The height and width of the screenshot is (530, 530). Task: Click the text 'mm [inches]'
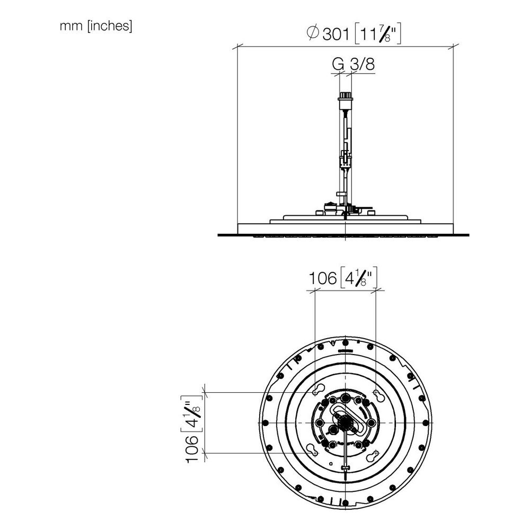coord(95,26)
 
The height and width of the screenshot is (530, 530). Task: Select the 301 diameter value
coord(336,34)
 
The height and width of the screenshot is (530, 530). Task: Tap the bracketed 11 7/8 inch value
coord(378,34)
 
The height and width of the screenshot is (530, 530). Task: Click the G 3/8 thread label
coord(354,64)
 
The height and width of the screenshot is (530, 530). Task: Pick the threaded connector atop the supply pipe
coord(345,96)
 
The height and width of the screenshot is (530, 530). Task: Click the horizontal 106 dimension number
coord(323,279)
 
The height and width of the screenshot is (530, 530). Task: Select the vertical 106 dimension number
coord(192,449)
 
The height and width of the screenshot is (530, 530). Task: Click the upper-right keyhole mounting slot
coord(377,394)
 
